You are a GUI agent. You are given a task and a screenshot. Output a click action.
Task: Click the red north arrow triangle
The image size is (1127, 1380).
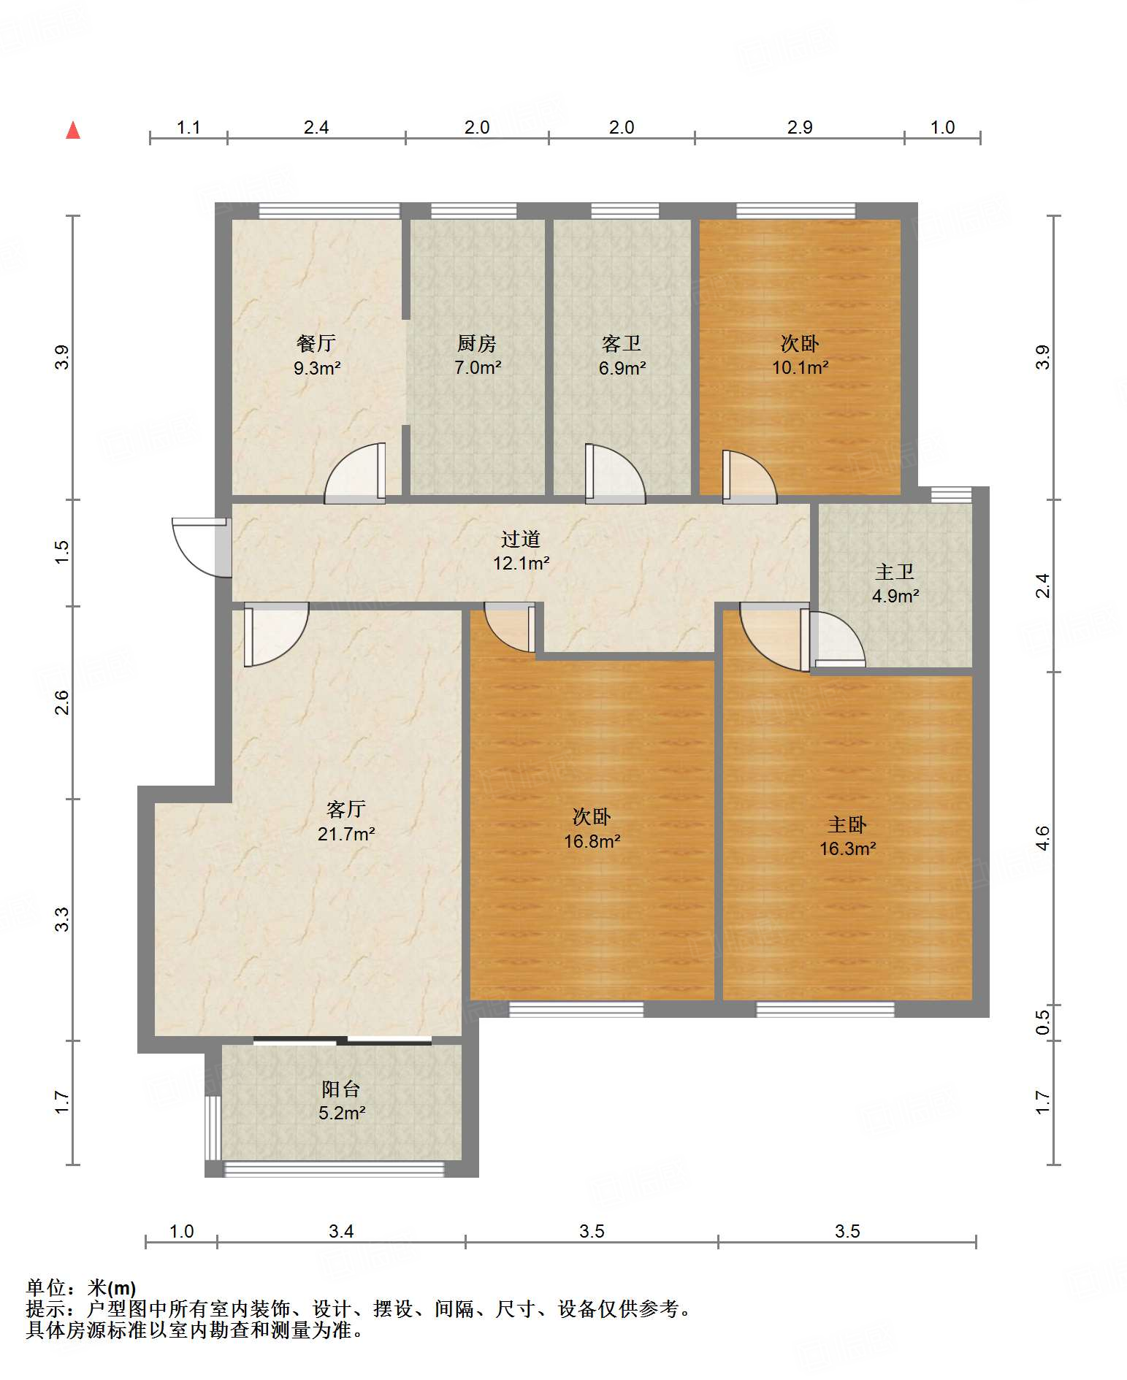point(73,130)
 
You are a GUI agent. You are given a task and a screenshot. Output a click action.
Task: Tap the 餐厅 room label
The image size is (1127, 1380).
point(316,343)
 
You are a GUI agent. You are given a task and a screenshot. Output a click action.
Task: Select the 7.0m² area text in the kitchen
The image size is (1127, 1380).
point(478,368)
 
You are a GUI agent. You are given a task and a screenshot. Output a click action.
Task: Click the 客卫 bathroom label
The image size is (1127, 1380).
point(622,343)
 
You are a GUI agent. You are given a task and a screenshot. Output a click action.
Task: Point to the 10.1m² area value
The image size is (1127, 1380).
point(800,368)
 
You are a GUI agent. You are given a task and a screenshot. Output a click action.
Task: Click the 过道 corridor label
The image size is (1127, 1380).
point(521,539)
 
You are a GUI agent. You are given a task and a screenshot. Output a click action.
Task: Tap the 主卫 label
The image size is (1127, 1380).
point(895,572)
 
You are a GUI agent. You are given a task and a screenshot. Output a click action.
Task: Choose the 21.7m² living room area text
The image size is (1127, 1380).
point(346,834)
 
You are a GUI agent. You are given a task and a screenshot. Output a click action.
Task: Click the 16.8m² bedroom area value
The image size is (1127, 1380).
point(592,842)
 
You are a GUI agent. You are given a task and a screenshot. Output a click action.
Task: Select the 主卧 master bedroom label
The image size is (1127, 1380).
point(847,824)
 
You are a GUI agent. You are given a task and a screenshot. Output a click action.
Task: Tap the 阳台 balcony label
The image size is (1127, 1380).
point(341,1089)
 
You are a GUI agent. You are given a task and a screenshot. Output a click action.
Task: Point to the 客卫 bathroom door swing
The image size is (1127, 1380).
point(615,474)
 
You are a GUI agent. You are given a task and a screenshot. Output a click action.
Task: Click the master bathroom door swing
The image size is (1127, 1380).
point(837,638)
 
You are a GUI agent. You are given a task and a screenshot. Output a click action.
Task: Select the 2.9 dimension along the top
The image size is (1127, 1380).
point(800,127)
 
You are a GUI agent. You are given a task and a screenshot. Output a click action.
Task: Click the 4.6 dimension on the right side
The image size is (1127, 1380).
point(1042,837)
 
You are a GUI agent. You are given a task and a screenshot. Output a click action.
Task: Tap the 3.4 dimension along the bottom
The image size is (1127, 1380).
point(341,1232)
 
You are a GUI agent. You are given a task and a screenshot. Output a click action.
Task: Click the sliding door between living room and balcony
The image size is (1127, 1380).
point(342,1040)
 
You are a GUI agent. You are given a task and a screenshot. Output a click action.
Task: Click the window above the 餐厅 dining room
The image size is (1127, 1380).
point(329,210)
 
